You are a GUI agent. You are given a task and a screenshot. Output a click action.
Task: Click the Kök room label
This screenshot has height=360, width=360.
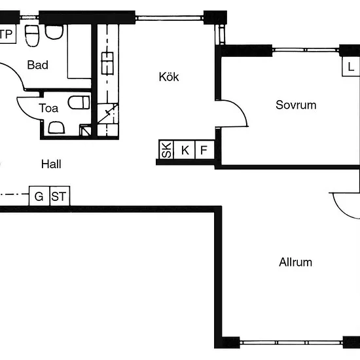tap(169, 77)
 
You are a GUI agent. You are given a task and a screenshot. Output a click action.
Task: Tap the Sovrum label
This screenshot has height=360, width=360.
tap(296, 105)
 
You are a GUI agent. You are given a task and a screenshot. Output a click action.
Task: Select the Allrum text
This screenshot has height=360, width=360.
tap(295, 262)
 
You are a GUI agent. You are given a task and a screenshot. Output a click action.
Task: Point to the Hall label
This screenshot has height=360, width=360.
tap(51, 164)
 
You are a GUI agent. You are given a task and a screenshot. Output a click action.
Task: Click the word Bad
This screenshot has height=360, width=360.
tap(38, 65)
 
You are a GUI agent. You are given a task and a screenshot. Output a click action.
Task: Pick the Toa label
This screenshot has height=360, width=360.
tap(48, 108)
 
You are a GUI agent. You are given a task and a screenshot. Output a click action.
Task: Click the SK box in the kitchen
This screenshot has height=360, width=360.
tap(166, 149)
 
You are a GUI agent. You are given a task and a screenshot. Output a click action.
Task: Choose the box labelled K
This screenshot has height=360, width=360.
tap(185, 149)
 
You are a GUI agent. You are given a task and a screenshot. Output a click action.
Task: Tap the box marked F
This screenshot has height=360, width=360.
tap(205, 149)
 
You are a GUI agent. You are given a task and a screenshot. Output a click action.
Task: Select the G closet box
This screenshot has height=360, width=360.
tap(39, 196)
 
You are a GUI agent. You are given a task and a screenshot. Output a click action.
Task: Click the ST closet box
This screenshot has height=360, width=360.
tap(60, 196)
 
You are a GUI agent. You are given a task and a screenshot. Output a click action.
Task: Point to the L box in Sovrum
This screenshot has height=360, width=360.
tap(350, 67)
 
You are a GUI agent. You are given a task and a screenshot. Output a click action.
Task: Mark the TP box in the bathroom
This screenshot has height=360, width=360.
tap(8, 33)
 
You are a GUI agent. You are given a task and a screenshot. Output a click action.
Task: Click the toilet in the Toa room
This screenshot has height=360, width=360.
tap(79, 102)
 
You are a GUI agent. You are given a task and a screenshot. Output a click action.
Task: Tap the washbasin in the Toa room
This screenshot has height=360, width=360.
tap(56, 128)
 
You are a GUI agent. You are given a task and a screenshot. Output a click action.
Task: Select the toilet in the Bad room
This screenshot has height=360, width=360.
tap(32, 36)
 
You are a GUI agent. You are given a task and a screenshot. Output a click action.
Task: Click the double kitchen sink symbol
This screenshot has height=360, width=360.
tap(107, 63)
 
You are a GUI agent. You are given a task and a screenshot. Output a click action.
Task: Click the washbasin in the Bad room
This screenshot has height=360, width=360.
tap(54, 32)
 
